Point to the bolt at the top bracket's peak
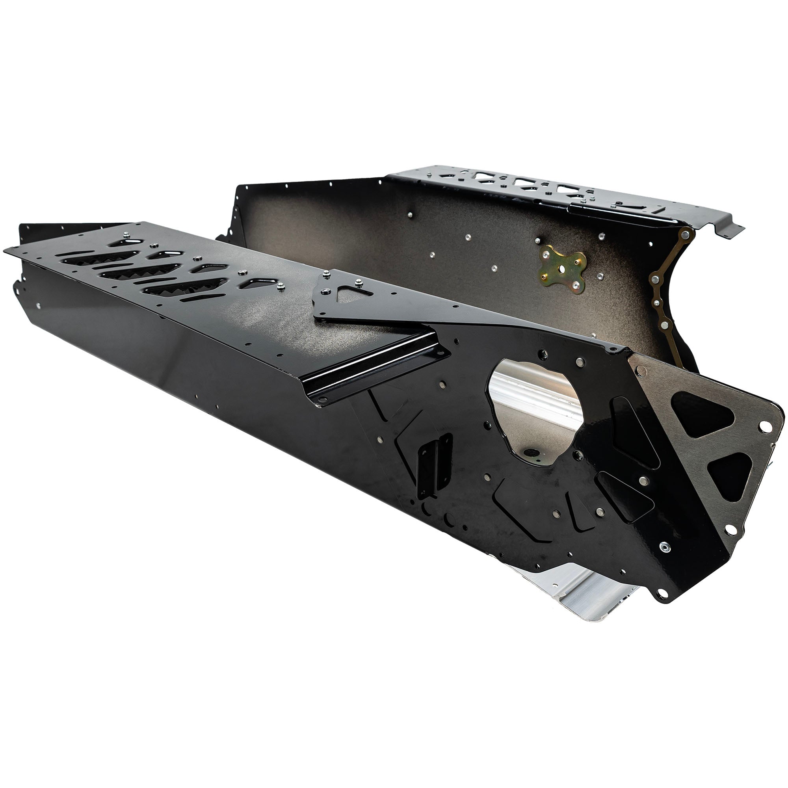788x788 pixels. tap(326, 275)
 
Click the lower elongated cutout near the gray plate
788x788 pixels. tap(624, 496)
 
